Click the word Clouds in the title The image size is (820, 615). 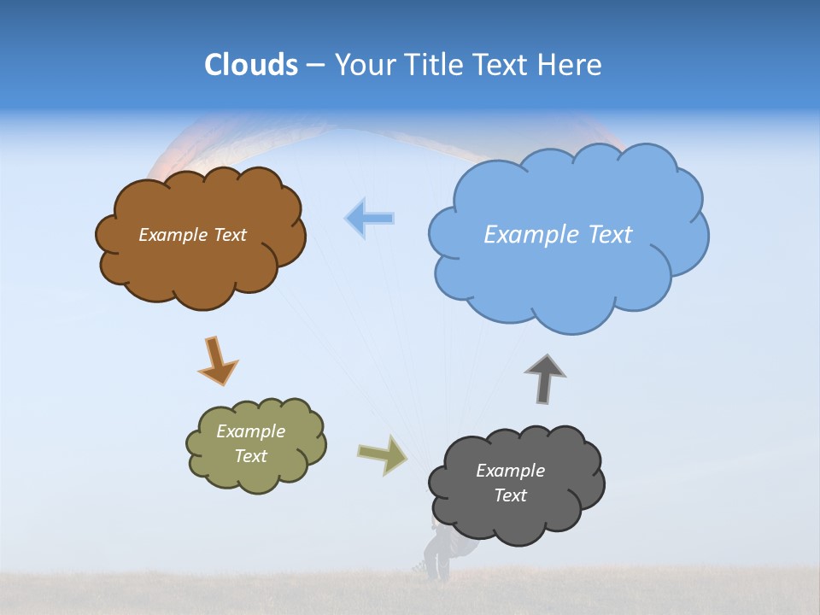[x=250, y=65]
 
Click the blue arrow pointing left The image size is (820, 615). [x=370, y=218]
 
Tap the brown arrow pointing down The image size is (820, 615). [x=217, y=360]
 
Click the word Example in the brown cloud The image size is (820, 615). [x=172, y=235]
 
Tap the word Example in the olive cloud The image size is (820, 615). [x=250, y=431]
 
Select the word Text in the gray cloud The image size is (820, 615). [x=510, y=495]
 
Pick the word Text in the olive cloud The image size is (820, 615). [x=250, y=456]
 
